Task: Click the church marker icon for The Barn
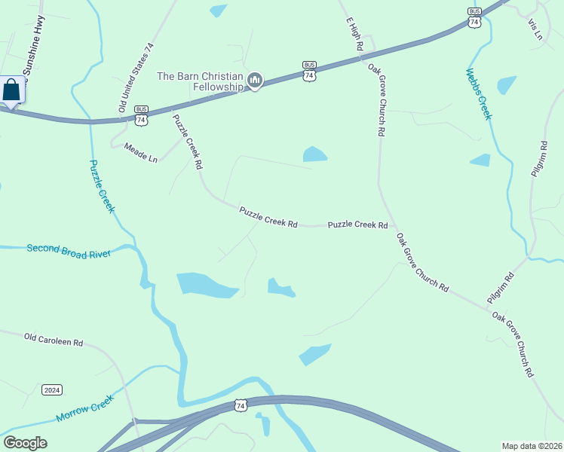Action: [x=255, y=81]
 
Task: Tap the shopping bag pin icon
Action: [x=12, y=91]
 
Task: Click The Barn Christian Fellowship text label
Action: [x=200, y=81]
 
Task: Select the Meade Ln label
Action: [x=141, y=153]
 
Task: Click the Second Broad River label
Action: [x=69, y=251]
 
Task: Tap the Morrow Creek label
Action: [x=84, y=408]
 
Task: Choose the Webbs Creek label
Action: [x=478, y=94]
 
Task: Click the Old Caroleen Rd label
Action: [x=54, y=341]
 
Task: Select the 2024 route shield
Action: [x=52, y=389]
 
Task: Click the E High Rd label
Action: [x=355, y=34]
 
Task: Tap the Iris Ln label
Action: [x=536, y=27]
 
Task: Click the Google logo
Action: [x=25, y=443]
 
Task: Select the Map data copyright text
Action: [x=532, y=445]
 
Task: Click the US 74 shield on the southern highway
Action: [x=241, y=405]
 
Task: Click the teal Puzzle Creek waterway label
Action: [x=102, y=186]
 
